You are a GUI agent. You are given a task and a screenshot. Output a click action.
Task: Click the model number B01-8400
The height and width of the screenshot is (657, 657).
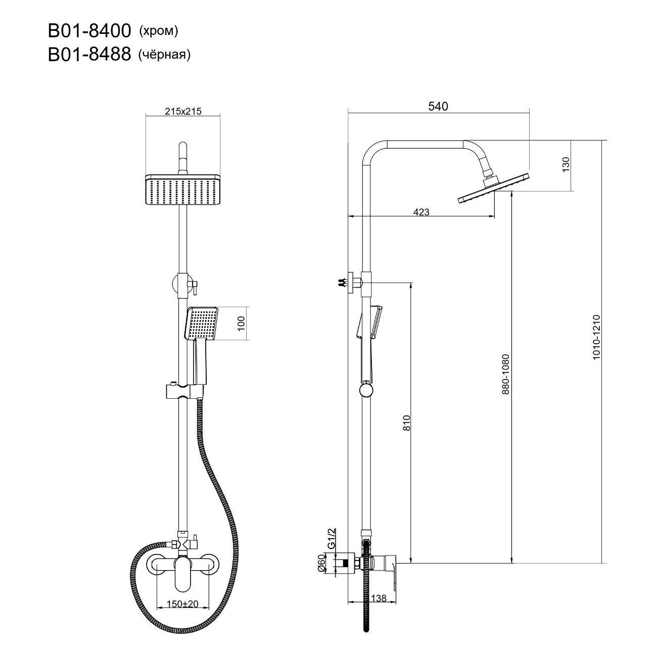(x=89, y=31)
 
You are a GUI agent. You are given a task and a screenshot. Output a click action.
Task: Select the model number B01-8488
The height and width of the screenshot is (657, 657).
(x=89, y=55)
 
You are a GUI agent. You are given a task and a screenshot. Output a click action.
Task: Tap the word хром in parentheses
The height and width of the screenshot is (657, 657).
(x=159, y=31)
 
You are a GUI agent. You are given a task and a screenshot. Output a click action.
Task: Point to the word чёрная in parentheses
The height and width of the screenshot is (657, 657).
(x=164, y=55)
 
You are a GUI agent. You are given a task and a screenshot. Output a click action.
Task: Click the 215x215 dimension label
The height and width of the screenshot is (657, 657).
(x=183, y=112)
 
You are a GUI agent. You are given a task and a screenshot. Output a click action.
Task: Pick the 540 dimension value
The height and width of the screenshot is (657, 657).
(x=438, y=106)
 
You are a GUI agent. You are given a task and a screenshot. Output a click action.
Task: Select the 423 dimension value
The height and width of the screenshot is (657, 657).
(x=421, y=212)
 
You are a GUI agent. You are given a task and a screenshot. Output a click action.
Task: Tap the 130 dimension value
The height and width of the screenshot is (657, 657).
(x=566, y=164)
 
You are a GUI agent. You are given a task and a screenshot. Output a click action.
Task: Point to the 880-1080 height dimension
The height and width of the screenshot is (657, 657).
(x=505, y=374)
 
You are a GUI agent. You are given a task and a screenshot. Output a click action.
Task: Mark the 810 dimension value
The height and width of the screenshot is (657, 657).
(x=407, y=423)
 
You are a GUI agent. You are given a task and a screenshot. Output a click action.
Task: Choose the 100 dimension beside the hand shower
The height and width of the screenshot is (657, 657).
(x=241, y=323)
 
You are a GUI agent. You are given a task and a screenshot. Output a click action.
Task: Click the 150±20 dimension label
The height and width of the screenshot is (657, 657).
(x=182, y=604)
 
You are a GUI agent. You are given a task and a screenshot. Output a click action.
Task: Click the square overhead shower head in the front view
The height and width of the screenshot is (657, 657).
(x=183, y=190)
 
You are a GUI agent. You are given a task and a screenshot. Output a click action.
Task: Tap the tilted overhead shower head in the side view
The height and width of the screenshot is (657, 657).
(x=494, y=189)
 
